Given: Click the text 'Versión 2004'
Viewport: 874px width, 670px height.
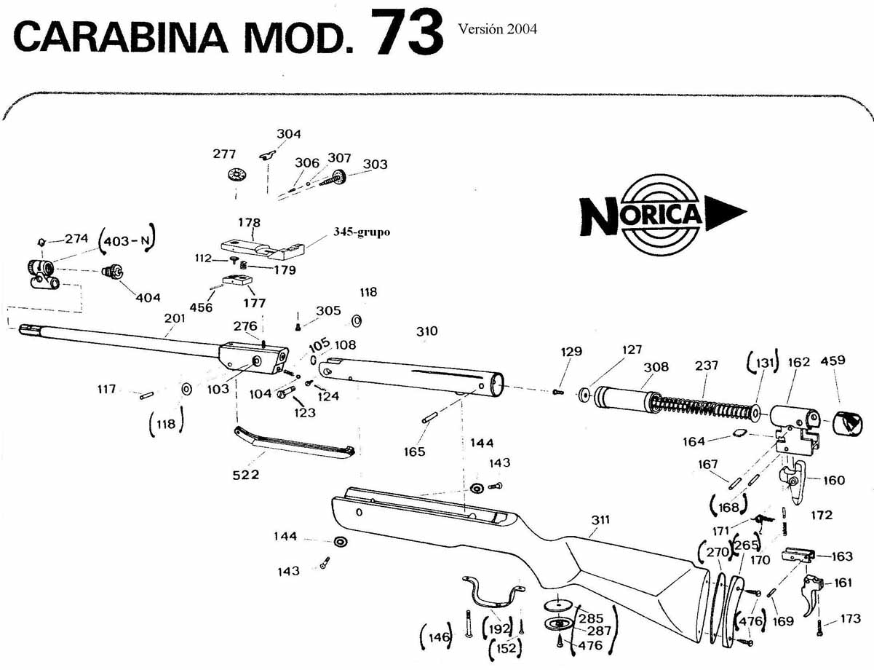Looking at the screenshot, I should (x=498, y=29).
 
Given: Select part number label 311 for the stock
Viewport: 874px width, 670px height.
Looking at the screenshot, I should (x=600, y=520).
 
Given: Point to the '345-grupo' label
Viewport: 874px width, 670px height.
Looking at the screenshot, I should (x=361, y=232).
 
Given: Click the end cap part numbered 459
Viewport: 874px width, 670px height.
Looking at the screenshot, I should (x=846, y=422).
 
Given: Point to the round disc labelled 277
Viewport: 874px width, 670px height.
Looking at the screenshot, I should (x=236, y=176).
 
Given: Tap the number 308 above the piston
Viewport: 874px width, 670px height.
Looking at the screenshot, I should (x=656, y=367).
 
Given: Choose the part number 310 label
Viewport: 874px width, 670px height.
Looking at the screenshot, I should (x=427, y=331).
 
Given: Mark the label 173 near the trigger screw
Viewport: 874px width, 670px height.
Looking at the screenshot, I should (x=850, y=619).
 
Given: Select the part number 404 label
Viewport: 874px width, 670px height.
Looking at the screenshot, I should (x=147, y=297).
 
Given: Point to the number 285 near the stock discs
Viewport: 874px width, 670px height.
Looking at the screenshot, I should (x=590, y=618).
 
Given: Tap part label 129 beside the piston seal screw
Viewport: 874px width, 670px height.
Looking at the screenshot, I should (x=571, y=351).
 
